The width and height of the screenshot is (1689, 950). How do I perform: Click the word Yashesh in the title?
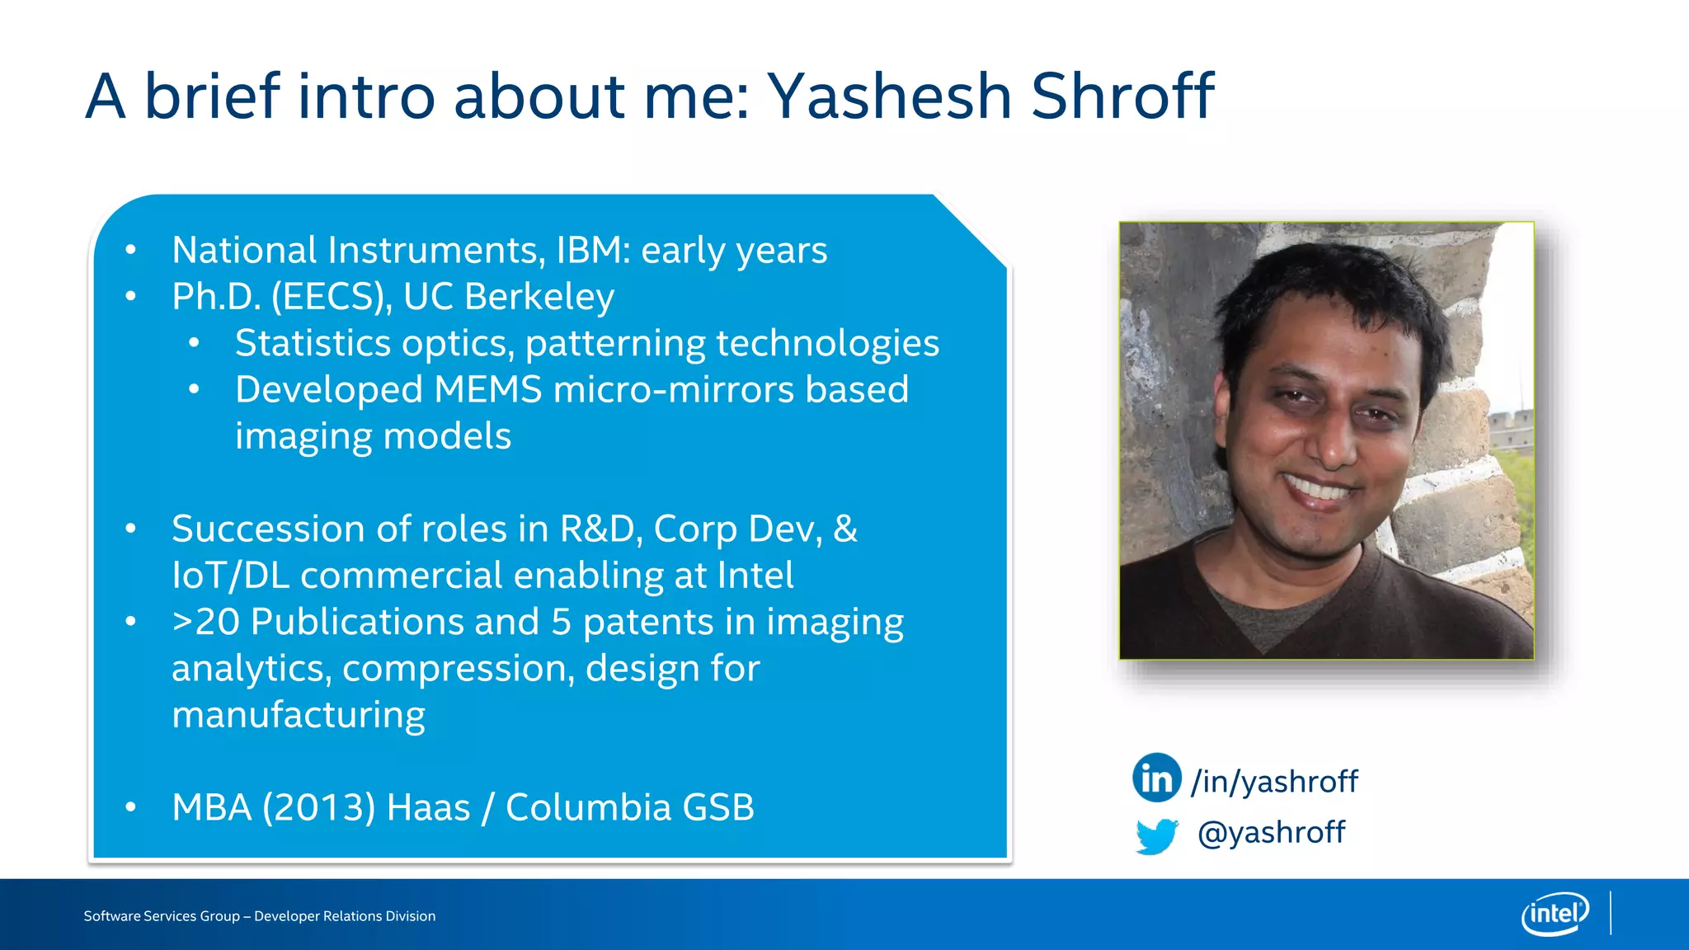[x=889, y=96]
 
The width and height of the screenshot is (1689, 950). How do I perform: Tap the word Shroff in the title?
[x=1122, y=96]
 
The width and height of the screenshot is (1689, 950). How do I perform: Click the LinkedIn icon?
[x=1156, y=778]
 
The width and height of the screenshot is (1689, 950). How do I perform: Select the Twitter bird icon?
[x=1156, y=835]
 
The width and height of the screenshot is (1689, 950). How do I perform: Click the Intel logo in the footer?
[x=1555, y=914]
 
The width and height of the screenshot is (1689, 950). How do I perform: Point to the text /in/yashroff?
[x=1274, y=781]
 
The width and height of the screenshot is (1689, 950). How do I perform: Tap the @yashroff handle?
[x=1271, y=832]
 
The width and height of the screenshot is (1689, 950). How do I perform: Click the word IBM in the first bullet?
[x=588, y=250]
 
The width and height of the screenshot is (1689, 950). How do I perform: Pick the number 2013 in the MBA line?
[x=318, y=807]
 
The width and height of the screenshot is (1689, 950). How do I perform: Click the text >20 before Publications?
[x=205, y=622]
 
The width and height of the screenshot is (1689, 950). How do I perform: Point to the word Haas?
[x=428, y=807]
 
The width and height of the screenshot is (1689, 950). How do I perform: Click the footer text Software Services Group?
[x=162, y=916]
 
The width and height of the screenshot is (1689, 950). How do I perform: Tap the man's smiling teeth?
[x=1320, y=490]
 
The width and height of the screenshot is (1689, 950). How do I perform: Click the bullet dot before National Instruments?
[x=130, y=250]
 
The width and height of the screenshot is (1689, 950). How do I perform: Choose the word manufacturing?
[x=299, y=715]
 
